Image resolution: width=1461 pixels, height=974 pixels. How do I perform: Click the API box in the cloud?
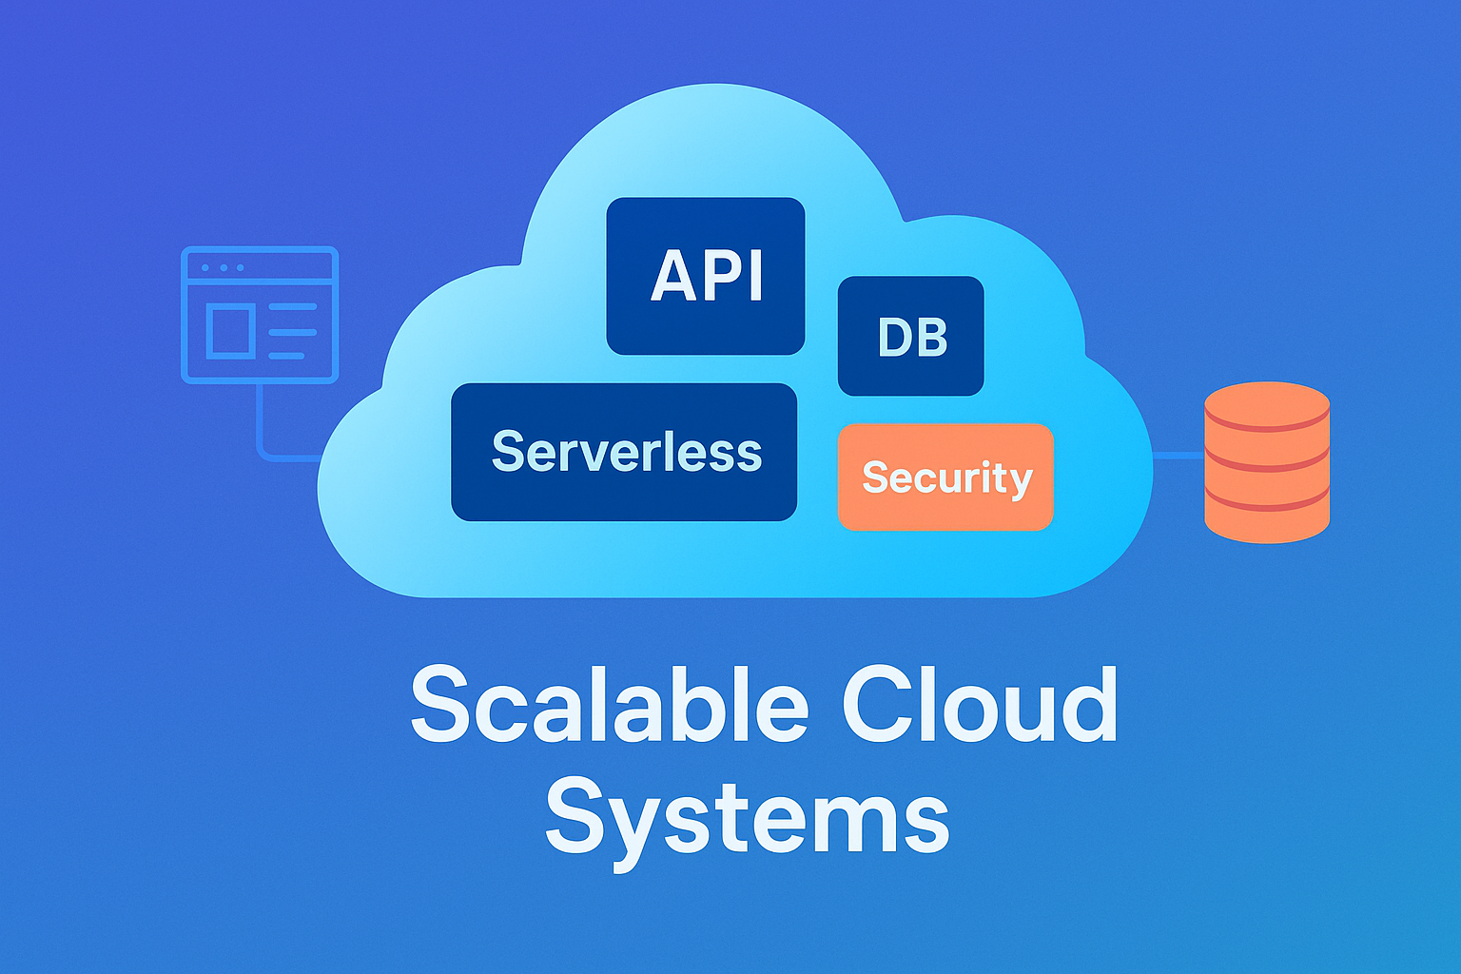pos(706,276)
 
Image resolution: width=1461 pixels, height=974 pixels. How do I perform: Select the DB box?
pos(910,336)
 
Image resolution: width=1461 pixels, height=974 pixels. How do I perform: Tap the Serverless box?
pos(624,452)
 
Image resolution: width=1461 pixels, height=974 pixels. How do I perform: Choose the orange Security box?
pos(945,477)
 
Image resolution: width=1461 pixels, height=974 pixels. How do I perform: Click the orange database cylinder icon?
pos(1267,462)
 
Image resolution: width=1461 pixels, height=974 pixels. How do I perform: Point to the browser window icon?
pos(260,315)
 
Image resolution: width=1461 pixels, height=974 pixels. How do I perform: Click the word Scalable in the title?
pos(609,706)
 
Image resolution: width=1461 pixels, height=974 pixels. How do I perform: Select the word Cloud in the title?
pos(980,706)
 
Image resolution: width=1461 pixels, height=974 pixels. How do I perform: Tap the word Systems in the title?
pos(748,816)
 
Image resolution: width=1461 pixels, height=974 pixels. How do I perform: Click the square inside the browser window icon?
pos(229,330)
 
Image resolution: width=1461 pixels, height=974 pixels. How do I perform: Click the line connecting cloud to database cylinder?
pos(1179,457)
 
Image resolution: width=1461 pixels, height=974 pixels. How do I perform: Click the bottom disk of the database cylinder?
pos(1267,518)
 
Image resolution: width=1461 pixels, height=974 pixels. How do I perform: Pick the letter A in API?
pos(672,277)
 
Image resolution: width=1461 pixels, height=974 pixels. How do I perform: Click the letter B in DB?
pos(930,338)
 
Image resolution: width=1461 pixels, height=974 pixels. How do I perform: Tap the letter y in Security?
pos(1020,481)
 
